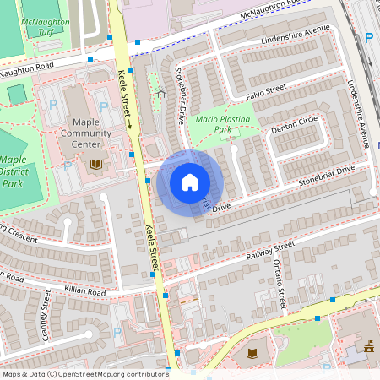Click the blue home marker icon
point(190,182)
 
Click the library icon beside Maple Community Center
point(97,163)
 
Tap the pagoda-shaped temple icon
point(368,346)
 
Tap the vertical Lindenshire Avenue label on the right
point(361,114)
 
